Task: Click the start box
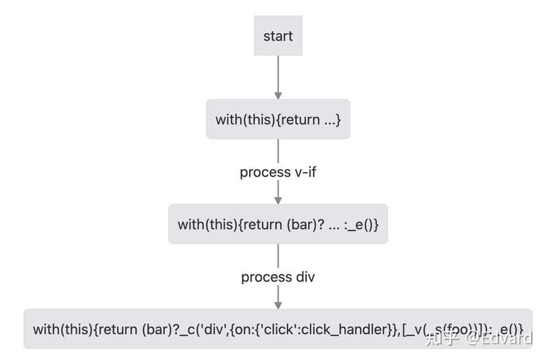click(x=278, y=36)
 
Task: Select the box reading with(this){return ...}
click(x=278, y=120)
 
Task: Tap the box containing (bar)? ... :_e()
click(x=278, y=224)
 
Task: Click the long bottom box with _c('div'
click(x=278, y=329)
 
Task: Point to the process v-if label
click(x=278, y=172)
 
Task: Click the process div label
click(x=278, y=276)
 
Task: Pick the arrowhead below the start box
click(x=278, y=94)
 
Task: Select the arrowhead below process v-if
click(x=278, y=199)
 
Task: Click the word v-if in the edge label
click(x=304, y=172)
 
